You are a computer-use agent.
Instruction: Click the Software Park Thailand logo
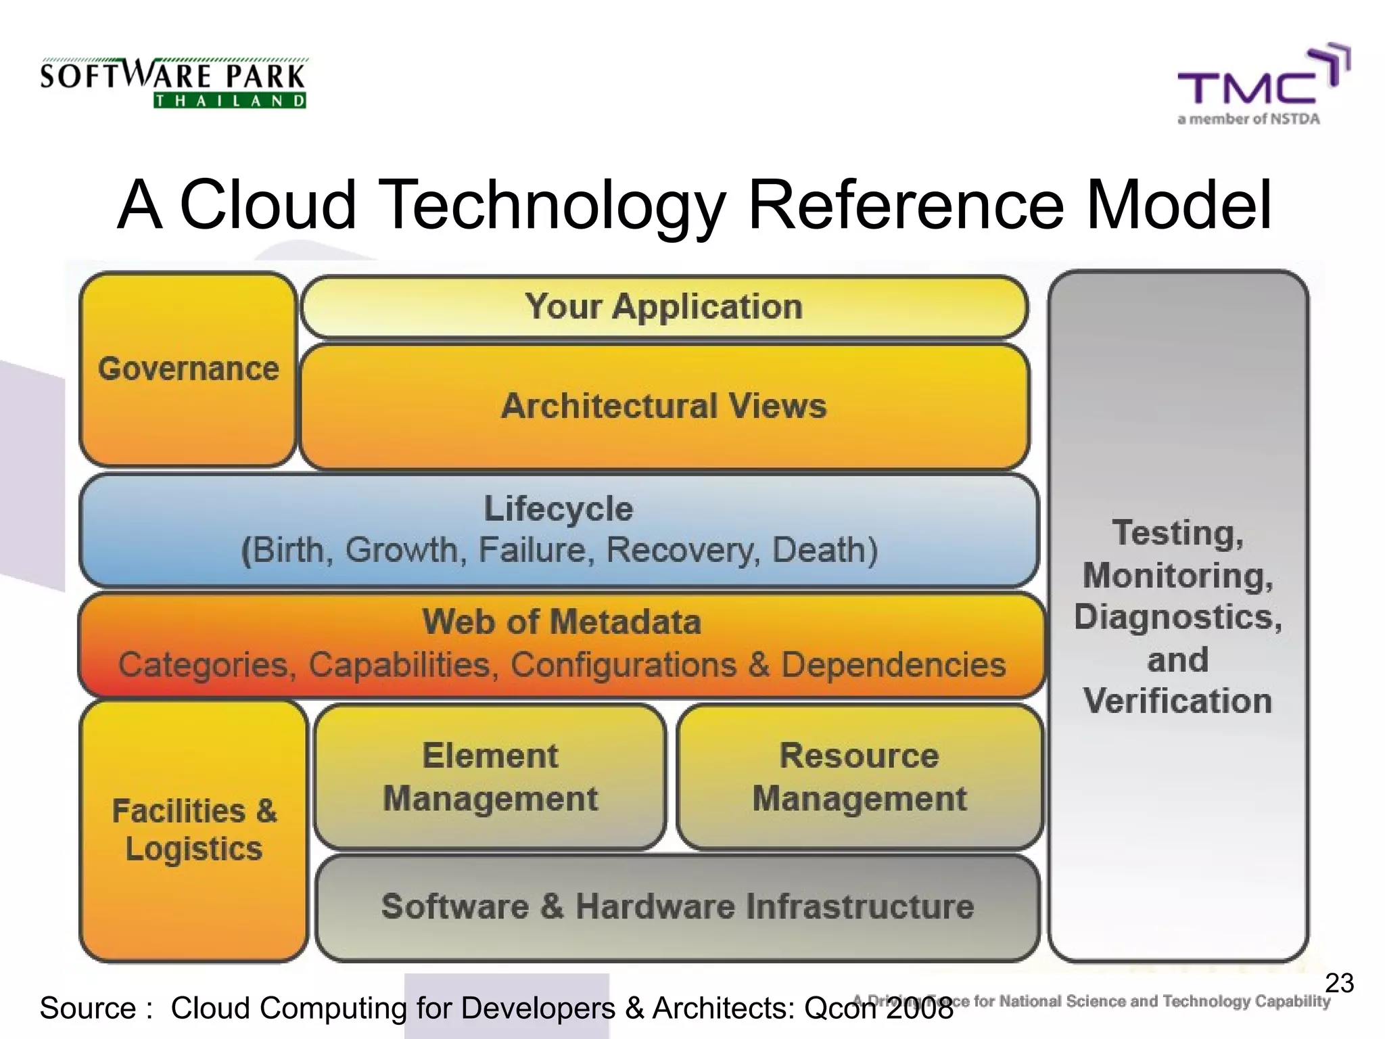[x=174, y=83]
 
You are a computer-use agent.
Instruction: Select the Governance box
[x=188, y=369]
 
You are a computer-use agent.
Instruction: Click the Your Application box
[x=664, y=306]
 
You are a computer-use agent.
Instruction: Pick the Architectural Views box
[x=664, y=406]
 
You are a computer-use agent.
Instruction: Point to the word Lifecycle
[x=559, y=508]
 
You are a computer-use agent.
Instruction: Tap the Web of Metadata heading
[x=561, y=622]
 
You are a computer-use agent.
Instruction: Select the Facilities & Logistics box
[x=194, y=830]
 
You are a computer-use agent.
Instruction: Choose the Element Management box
[x=490, y=777]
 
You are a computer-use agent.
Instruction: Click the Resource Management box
[x=860, y=777]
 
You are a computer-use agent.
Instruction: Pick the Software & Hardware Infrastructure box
[x=678, y=906]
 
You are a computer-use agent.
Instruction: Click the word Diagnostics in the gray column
[x=1177, y=618]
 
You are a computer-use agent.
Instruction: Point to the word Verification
[x=1177, y=701]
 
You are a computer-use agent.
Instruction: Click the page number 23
[x=1339, y=983]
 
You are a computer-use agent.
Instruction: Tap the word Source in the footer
[x=88, y=1008]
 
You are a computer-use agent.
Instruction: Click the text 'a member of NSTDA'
[x=1248, y=120]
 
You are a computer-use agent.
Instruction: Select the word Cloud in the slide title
[x=268, y=204]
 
